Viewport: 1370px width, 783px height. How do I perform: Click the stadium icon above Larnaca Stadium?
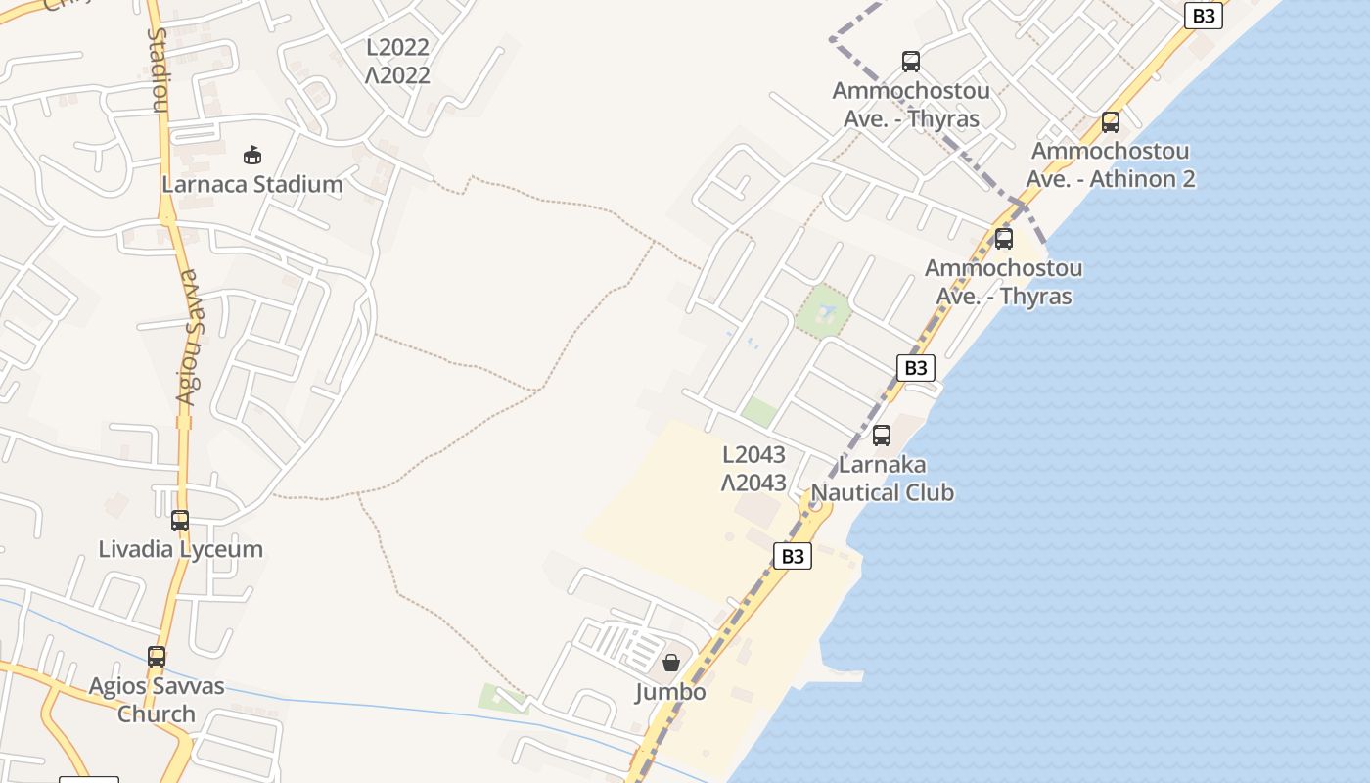click(x=252, y=155)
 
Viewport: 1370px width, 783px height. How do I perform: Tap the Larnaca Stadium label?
click(x=252, y=184)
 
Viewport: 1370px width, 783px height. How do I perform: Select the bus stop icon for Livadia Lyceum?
click(x=180, y=521)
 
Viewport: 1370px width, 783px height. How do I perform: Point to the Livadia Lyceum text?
click(x=181, y=549)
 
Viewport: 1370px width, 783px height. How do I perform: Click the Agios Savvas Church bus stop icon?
click(x=157, y=657)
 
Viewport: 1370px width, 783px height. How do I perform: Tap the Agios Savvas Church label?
click(x=157, y=700)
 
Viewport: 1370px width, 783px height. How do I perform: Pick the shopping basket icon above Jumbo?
click(x=671, y=664)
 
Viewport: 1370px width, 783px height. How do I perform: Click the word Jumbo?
click(x=670, y=692)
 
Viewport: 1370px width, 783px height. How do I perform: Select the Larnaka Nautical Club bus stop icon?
click(x=882, y=436)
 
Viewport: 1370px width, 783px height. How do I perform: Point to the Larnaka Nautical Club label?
click(x=883, y=479)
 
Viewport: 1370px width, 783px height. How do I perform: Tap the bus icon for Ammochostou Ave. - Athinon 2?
click(x=1110, y=122)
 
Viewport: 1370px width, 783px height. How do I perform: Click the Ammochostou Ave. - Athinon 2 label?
click(x=1111, y=165)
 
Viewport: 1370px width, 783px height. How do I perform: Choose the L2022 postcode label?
click(x=398, y=47)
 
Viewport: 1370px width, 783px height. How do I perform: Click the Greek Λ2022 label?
click(x=398, y=75)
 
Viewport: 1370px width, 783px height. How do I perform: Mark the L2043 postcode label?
click(x=753, y=455)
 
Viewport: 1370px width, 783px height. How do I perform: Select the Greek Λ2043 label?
click(x=753, y=483)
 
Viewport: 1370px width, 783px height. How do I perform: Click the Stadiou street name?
click(x=158, y=70)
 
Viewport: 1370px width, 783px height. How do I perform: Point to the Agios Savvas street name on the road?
click(x=190, y=338)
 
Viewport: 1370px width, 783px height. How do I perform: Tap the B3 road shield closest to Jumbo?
click(x=793, y=556)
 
